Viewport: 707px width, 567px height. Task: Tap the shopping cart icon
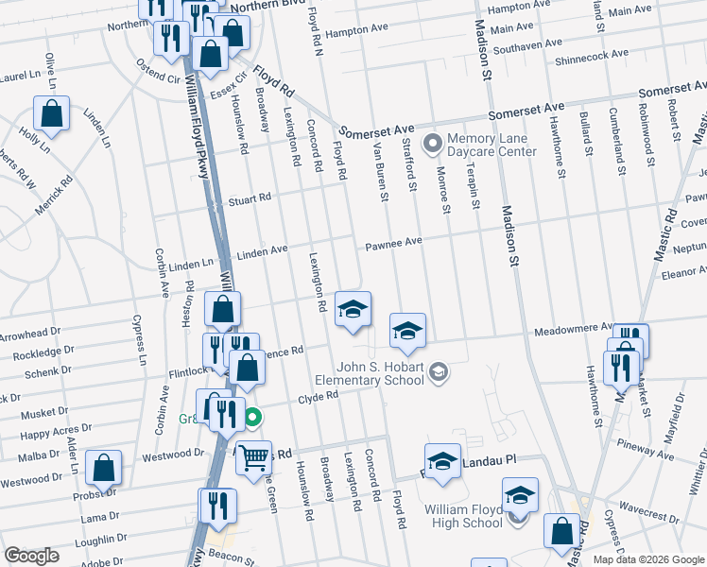(x=253, y=458)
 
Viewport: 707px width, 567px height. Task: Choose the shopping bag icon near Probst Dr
(x=103, y=467)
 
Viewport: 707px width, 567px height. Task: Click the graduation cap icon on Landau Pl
(x=441, y=460)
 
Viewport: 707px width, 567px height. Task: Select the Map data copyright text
(x=647, y=559)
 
